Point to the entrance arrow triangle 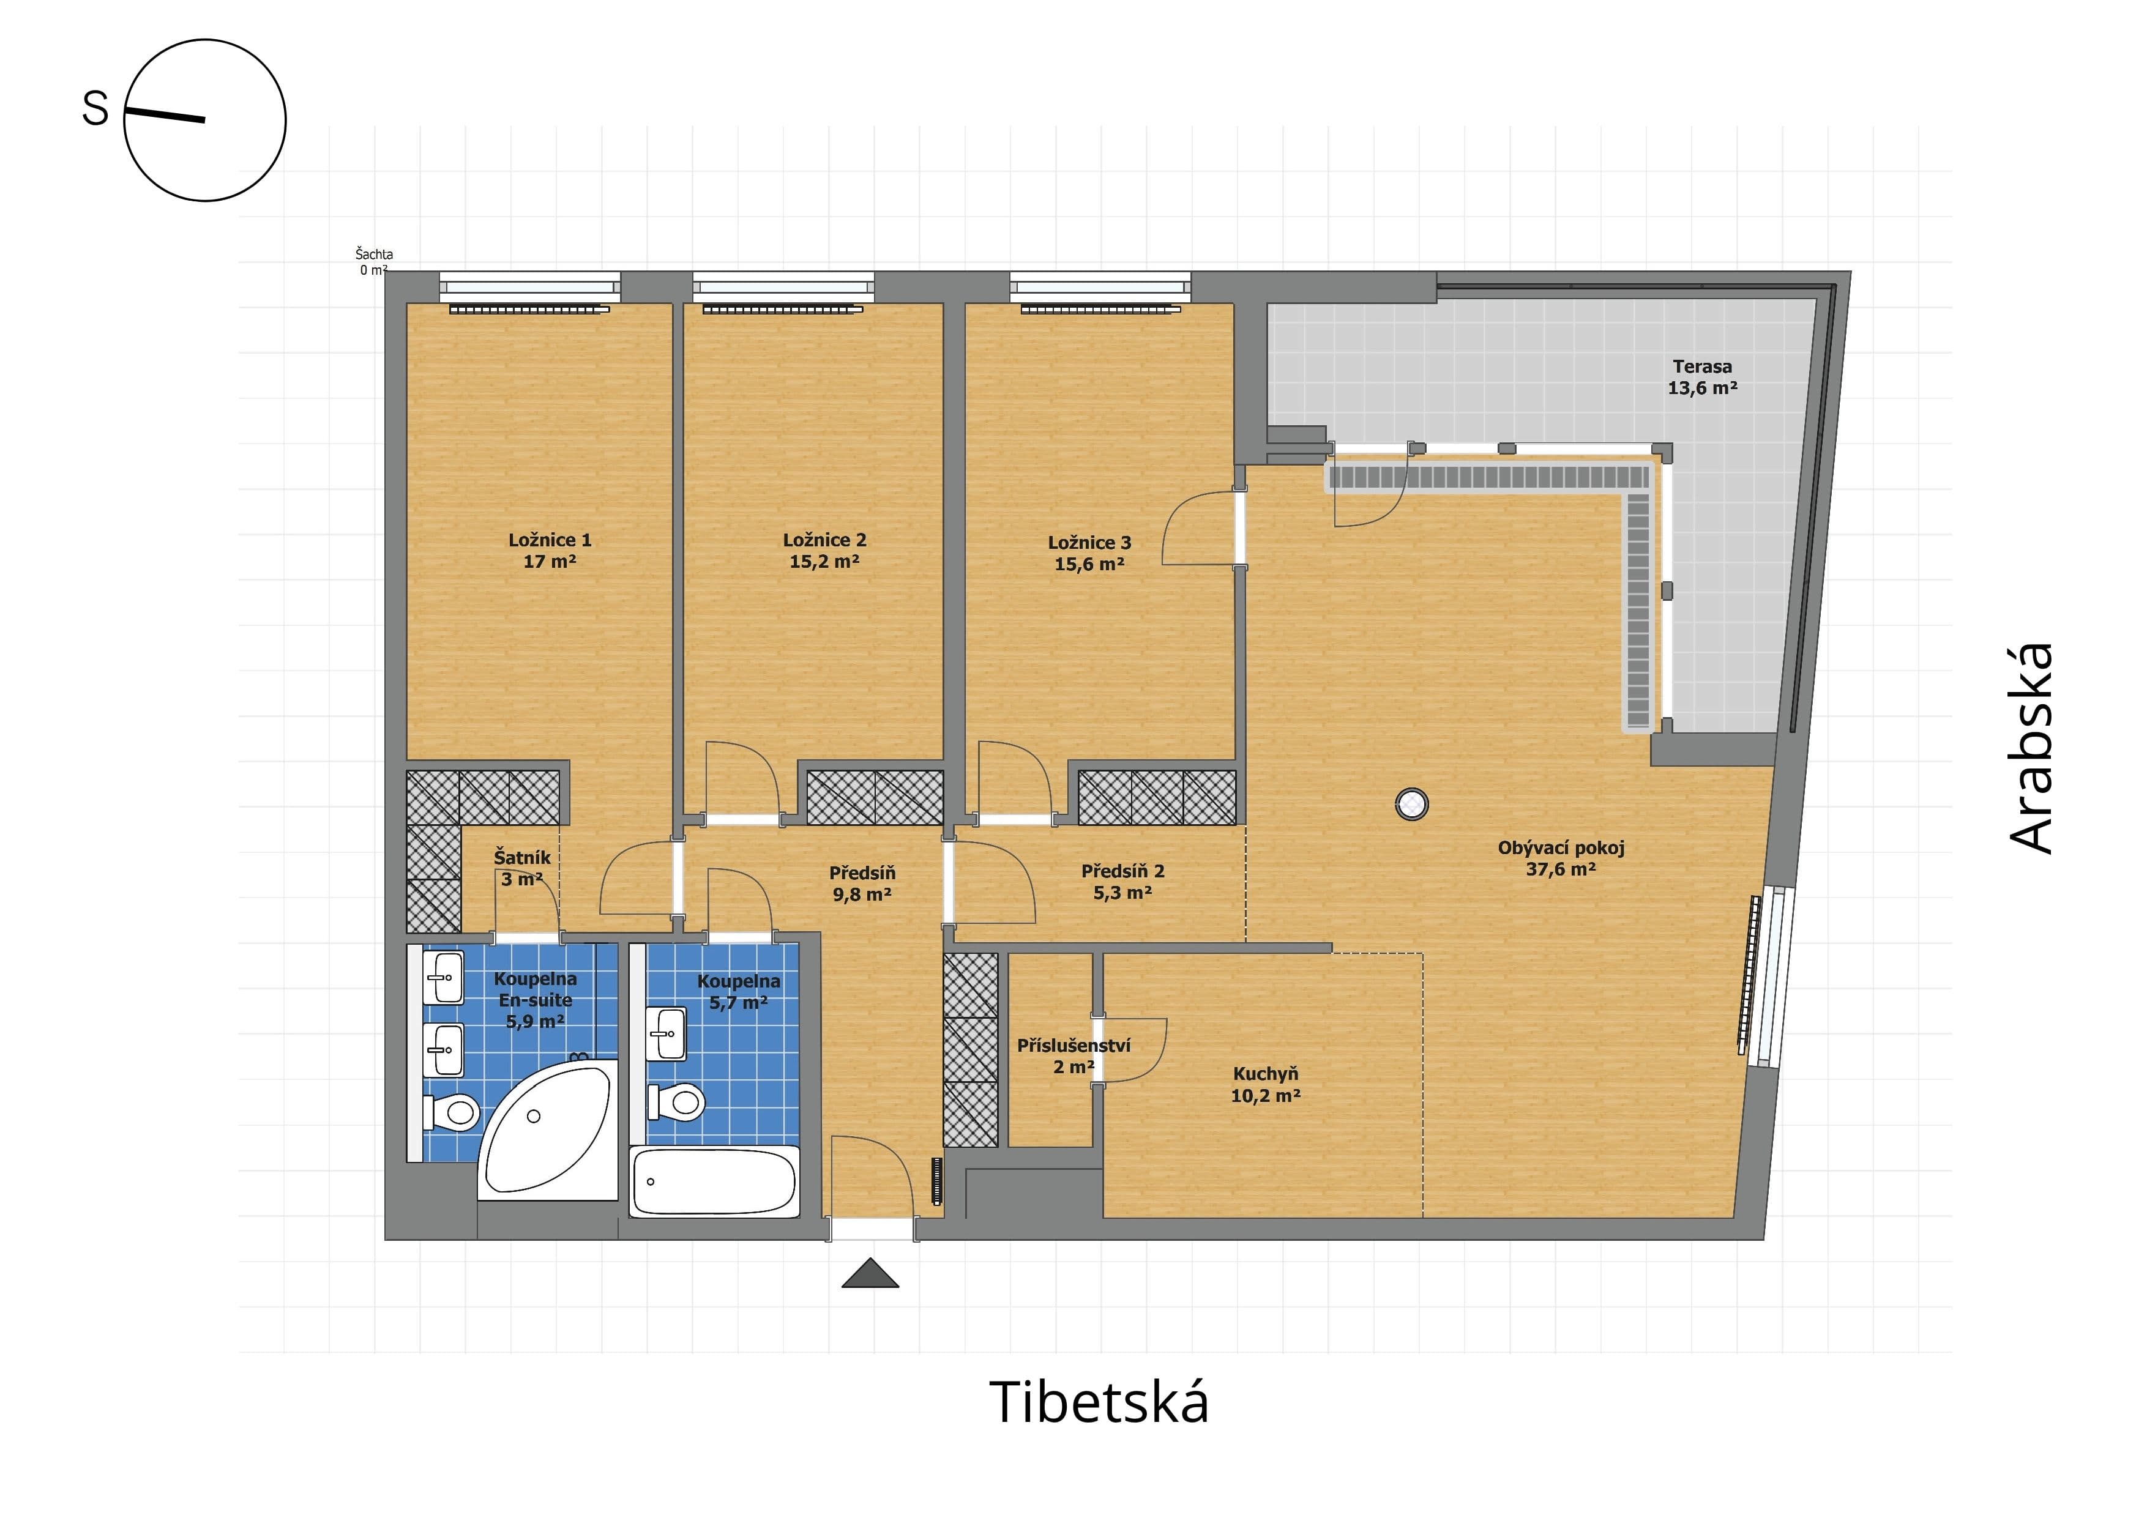click(x=870, y=1273)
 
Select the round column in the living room click(x=1412, y=804)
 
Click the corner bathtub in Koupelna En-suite click(x=548, y=1129)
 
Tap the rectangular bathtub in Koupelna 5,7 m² click(x=714, y=1181)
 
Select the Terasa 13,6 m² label click(x=1702, y=378)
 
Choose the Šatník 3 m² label click(x=522, y=868)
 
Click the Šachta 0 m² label click(x=374, y=262)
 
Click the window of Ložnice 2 click(x=783, y=286)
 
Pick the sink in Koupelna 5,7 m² click(x=666, y=1034)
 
